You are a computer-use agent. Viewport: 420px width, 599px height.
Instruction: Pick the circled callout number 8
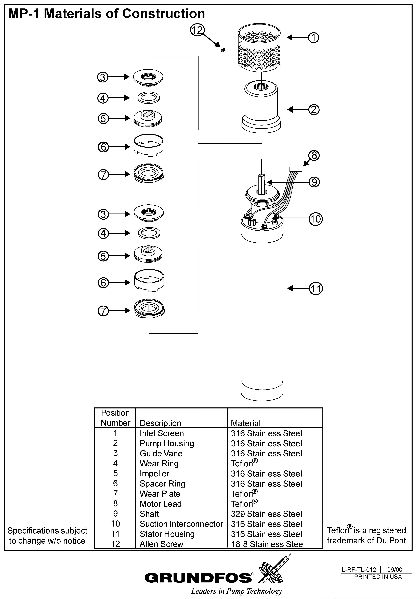(314, 155)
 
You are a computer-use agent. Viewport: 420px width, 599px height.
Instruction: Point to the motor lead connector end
(296, 169)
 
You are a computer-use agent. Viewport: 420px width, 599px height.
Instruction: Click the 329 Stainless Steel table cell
(266, 514)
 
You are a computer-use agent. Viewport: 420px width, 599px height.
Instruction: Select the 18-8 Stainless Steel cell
(268, 544)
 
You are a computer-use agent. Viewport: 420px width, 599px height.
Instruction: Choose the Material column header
(246, 423)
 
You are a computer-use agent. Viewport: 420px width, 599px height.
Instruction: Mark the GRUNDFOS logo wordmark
(198, 578)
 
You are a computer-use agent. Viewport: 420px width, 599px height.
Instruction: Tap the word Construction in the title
(163, 14)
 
